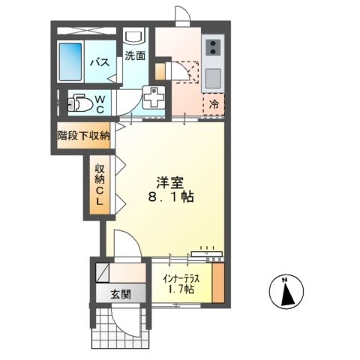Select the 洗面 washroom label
point(135,55)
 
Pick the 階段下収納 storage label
point(84,136)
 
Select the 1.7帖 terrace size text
point(180,289)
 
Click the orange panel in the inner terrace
point(217,283)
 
